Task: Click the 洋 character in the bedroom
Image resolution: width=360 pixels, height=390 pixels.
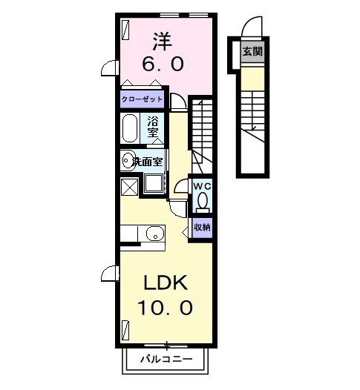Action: pos(164,39)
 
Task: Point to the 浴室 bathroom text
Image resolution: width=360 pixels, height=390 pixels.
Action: pos(153,126)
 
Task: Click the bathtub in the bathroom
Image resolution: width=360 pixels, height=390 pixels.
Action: pos(131,128)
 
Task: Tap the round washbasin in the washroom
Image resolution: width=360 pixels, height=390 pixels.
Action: pos(128,159)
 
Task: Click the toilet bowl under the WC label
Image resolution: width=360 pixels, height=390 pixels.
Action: pos(202,202)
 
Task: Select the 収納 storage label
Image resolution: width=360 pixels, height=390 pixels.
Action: pos(202,227)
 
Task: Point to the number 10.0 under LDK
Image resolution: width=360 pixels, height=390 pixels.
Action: pos(164,306)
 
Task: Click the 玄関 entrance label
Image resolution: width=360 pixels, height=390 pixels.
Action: pos(252,52)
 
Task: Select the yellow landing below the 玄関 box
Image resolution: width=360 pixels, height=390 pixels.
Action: pos(252,75)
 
